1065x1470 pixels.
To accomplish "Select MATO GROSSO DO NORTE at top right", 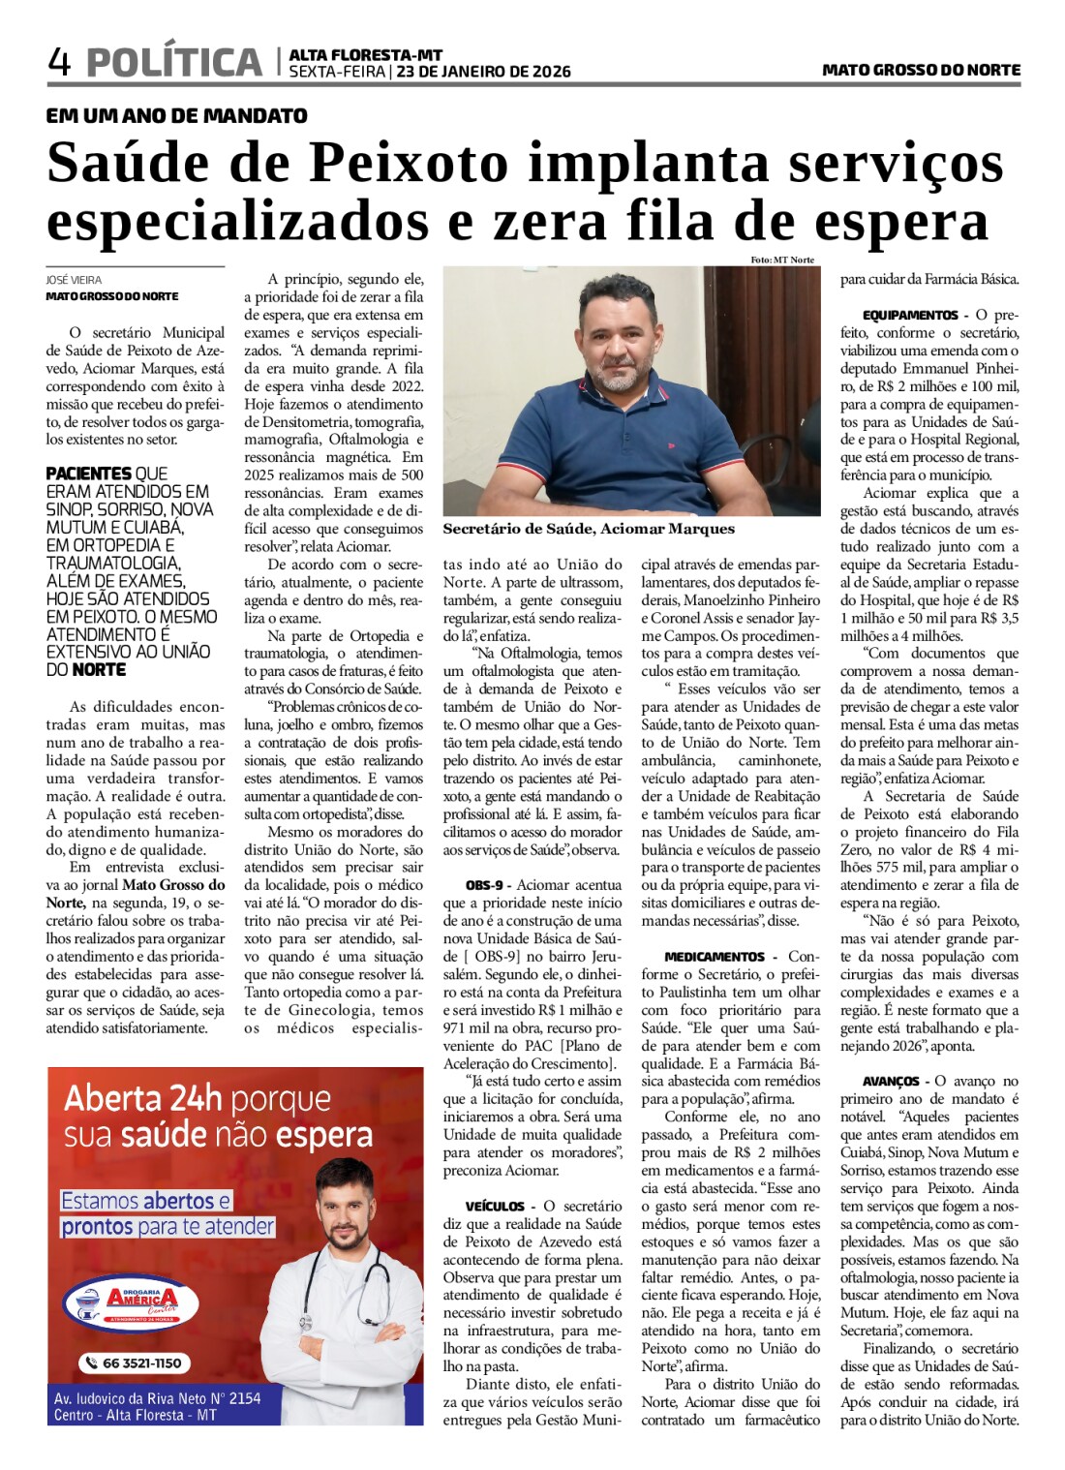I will (921, 70).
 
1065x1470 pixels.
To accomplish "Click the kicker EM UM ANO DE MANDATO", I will (176, 116).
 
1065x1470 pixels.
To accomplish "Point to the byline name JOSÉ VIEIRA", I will (74, 280).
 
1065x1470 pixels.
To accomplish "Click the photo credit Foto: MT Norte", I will (781, 260).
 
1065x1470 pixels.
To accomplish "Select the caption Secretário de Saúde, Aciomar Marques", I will (589, 529).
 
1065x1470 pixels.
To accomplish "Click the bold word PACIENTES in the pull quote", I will (89, 474).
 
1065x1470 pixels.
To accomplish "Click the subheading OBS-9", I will (484, 885).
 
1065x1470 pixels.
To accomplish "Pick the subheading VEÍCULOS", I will (495, 1207).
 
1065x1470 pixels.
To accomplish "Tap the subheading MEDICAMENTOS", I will (715, 957).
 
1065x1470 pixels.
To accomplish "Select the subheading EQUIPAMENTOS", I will (910, 316).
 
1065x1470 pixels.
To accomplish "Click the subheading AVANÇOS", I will (891, 1082).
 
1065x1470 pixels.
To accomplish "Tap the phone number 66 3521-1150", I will (136, 1363).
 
